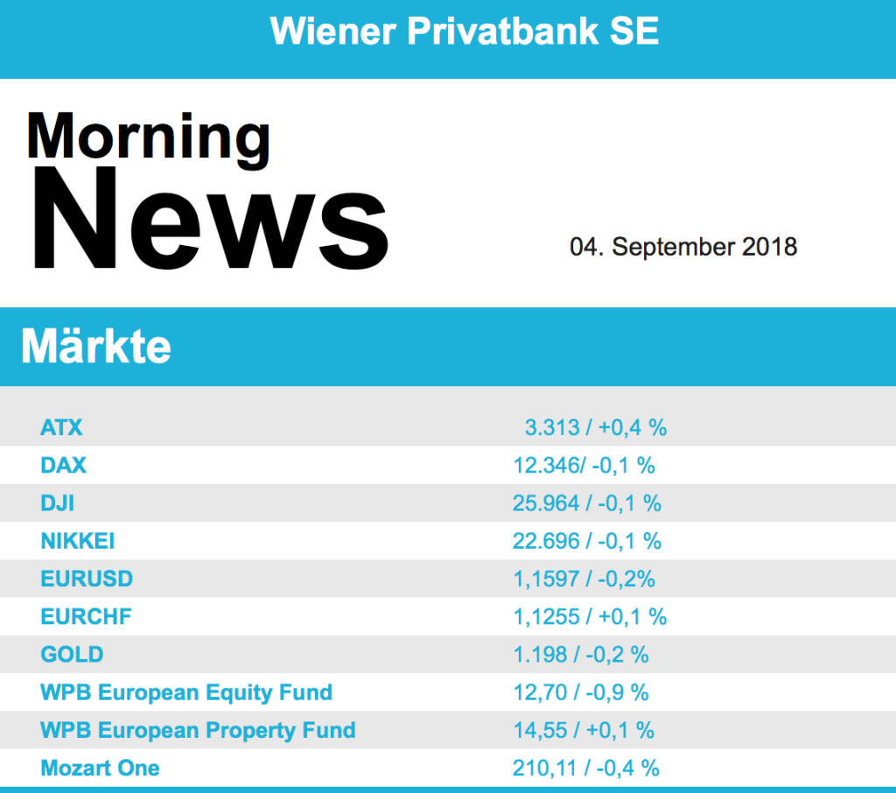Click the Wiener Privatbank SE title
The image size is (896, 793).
pyautogui.click(x=465, y=32)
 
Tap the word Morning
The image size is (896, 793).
pyautogui.click(x=148, y=137)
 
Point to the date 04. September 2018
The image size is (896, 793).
pyautogui.click(x=683, y=247)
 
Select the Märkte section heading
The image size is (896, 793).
pyautogui.click(x=96, y=347)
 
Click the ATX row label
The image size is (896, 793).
pyautogui.click(x=61, y=427)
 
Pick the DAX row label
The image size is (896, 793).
pyautogui.click(x=63, y=465)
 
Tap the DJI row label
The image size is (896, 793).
pyautogui.click(x=58, y=503)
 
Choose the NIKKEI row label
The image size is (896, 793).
pyautogui.click(x=78, y=541)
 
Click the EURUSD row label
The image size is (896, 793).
pyautogui.click(x=87, y=579)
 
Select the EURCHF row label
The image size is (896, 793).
pyautogui.click(x=86, y=616)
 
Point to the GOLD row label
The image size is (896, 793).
pyautogui.click(x=72, y=654)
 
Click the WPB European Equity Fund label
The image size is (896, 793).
pyautogui.click(x=186, y=692)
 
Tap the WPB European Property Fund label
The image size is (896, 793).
pyautogui.click(x=198, y=730)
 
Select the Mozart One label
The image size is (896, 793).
pyautogui.click(x=100, y=768)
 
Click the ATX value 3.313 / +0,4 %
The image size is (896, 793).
pyautogui.click(x=596, y=427)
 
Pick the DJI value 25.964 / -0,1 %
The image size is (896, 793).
pyautogui.click(x=587, y=503)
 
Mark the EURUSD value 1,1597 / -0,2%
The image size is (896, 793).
pyautogui.click(x=584, y=579)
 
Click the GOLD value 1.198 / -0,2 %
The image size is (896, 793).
pyautogui.click(x=581, y=654)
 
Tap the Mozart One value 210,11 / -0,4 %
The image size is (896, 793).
pyautogui.click(x=586, y=768)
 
